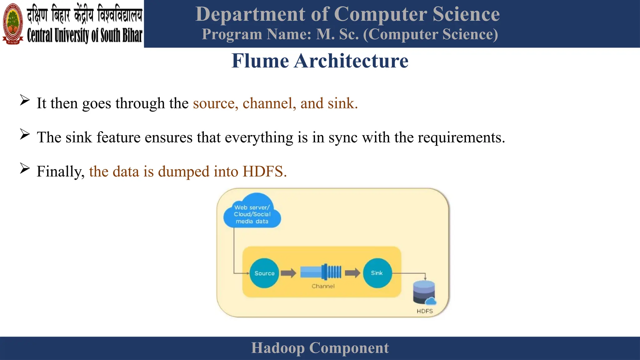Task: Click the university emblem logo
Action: pos(13,24)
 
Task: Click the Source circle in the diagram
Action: pos(264,273)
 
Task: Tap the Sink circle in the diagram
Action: pos(377,273)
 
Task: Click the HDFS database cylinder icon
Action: pos(424,292)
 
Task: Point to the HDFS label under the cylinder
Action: pos(425,311)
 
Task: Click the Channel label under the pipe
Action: pos(323,286)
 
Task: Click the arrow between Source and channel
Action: pos(288,273)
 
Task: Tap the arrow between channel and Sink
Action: pos(352,273)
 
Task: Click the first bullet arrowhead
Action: pos(25,100)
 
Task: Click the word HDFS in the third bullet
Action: pos(264,172)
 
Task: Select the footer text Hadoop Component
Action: pos(320,348)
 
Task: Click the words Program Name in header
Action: pos(256,34)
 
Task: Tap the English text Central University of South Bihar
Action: pos(85,35)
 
